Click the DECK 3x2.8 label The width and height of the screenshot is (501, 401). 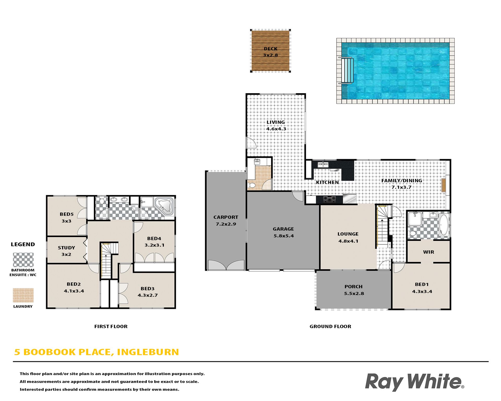coord(271,52)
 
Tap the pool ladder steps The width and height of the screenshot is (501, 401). coord(347,70)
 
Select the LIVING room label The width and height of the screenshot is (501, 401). coord(276,122)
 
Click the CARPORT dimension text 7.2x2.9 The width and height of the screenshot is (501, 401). coord(226,224)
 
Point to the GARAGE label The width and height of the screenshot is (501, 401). coord(283,229)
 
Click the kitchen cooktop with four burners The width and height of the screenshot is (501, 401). coord(330,200)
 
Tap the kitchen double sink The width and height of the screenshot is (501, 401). coord(323,165)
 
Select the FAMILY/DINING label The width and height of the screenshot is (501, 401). coord(402,181)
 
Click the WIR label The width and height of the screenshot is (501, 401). coord(428,252)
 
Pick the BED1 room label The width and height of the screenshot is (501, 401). coord(422,285)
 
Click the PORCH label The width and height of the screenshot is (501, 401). coord(354,287)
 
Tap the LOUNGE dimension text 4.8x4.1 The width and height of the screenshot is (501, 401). coord(348,241)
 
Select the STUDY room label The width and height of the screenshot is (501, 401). coord(66,248)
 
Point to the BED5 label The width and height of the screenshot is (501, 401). coord(67,214)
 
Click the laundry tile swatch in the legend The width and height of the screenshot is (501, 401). coord(23,295)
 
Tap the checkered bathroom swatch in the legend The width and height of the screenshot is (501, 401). coord(23,260)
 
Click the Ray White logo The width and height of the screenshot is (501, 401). coord(414,382)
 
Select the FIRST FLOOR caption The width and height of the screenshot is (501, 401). coord(111,326)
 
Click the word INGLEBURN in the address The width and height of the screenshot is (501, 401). coord(148,352)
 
